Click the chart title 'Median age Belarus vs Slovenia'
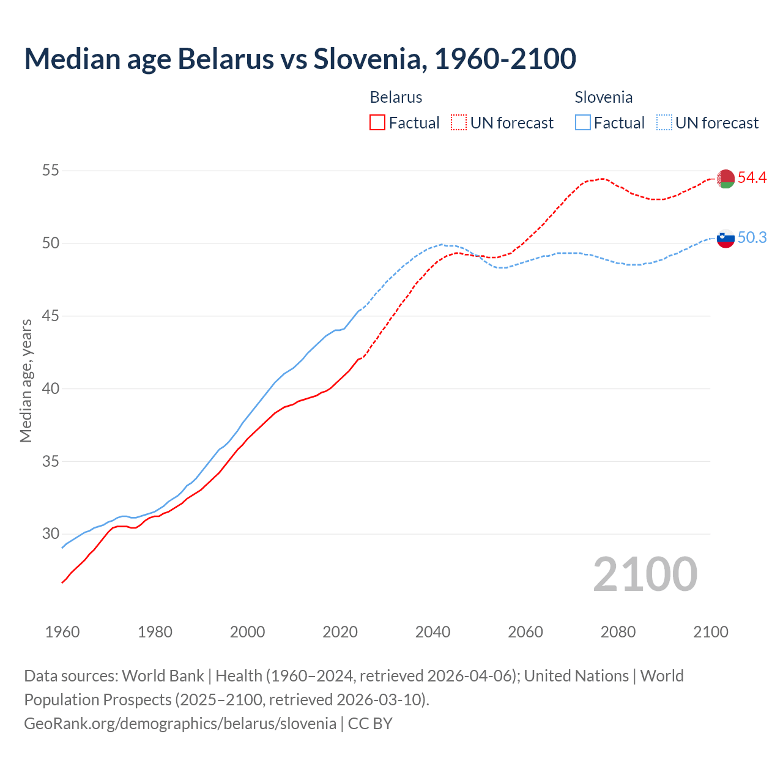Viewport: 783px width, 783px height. pos(300,59)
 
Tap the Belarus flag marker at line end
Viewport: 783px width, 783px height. pos(725,179)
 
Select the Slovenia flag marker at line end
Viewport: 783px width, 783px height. pos(725,238)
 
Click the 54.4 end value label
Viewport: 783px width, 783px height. pos(752,178)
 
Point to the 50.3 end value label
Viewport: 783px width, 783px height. pos(752,238)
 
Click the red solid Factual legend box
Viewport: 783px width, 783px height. pos(377,123)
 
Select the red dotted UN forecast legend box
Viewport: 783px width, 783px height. pos(459,123)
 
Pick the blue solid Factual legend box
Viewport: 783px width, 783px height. pos(583,123)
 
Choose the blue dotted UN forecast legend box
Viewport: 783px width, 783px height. pos(664,123)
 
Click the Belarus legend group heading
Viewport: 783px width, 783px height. pos(396,97)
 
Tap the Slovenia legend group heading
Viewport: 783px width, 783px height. pos(603,97)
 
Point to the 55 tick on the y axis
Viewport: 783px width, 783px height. pos(50,171)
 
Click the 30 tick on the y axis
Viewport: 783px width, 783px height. pos(50,534)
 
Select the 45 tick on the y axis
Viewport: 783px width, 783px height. pos(50,316)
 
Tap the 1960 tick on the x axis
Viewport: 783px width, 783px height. pos(62,632)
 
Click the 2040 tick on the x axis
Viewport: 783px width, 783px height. pos(432,632)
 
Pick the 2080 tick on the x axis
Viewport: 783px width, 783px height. pos(618,632)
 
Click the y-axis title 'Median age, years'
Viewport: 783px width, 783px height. pos(26,380)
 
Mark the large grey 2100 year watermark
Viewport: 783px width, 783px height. pos(645,574)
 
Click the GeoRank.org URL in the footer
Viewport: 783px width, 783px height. pos(180,724)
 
